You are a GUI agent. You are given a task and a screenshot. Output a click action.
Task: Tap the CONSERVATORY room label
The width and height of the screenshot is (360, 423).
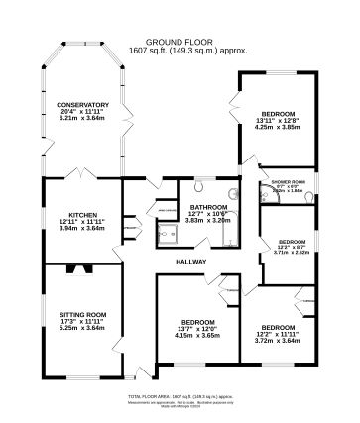pos(82,103)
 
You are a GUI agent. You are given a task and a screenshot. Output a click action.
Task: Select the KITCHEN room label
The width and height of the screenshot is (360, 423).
pos(82,215)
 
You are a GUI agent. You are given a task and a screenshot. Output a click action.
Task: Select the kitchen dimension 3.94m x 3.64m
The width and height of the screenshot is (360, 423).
pos(82,229)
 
